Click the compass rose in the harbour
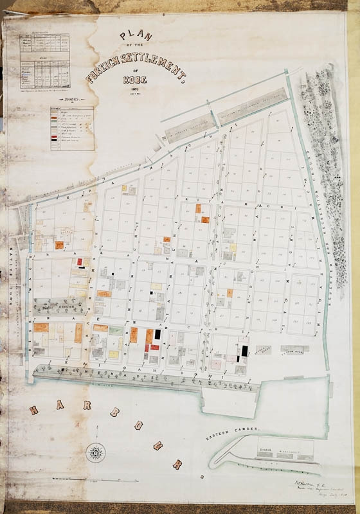[96, 454]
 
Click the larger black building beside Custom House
[244, 351]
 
